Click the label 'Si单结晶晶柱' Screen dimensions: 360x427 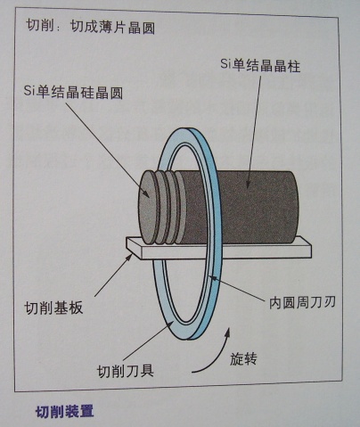click(x=260, y=66)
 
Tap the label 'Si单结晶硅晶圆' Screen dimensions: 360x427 click(x=73, y=92)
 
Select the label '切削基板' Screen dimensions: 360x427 click(x=53, y=308)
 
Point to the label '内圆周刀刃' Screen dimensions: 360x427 click(x=302, y=302)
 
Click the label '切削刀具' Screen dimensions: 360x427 click(x=126, y=371)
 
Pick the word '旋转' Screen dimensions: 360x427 click(x=243, y=358)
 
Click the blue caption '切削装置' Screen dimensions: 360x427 click(x=65, y=412)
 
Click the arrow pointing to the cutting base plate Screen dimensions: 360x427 click(x=113, y=275)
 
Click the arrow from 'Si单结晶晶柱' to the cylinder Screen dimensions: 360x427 click(x=254, y=131)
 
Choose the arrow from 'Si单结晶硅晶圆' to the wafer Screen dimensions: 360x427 click(x=108, y=150)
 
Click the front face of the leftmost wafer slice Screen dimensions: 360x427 click(x=148, y=208)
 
